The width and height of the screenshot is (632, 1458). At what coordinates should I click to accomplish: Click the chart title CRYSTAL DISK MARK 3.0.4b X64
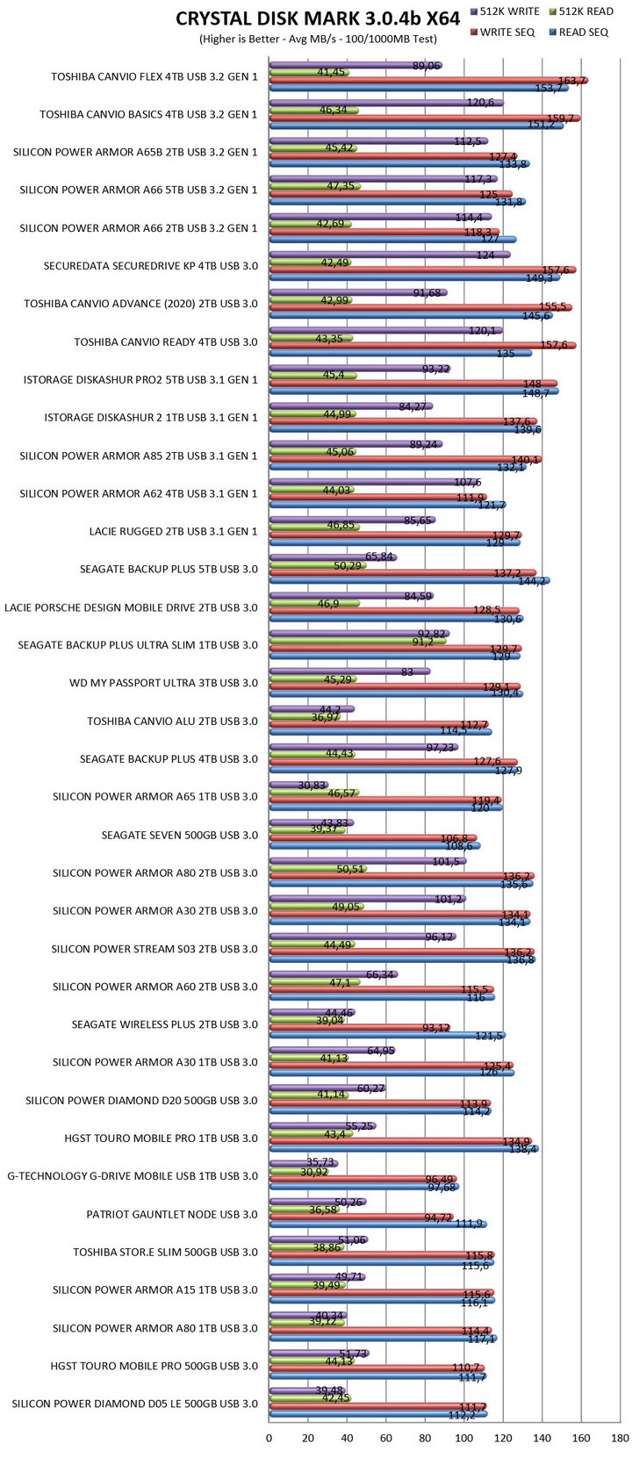click(318, 19)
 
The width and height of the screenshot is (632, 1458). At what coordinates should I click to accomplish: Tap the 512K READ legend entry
click(586, 12)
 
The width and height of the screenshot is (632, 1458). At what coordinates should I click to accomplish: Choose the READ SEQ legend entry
click(583, 32)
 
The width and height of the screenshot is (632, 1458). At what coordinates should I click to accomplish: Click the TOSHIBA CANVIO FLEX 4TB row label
click(154, 76)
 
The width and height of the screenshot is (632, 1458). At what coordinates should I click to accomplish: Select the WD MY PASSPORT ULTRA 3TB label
click(163, 683)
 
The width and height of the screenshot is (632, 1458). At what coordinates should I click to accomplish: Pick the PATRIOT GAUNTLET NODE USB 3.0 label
click(172, 1214)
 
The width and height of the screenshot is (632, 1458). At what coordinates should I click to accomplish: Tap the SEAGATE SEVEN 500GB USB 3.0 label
click(180, 835)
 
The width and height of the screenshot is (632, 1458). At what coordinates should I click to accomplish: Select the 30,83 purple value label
click(289, 785)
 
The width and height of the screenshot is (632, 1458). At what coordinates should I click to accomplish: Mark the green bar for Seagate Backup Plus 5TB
click(317, 565)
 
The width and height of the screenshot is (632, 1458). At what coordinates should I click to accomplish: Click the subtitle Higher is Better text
click(317, 40)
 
